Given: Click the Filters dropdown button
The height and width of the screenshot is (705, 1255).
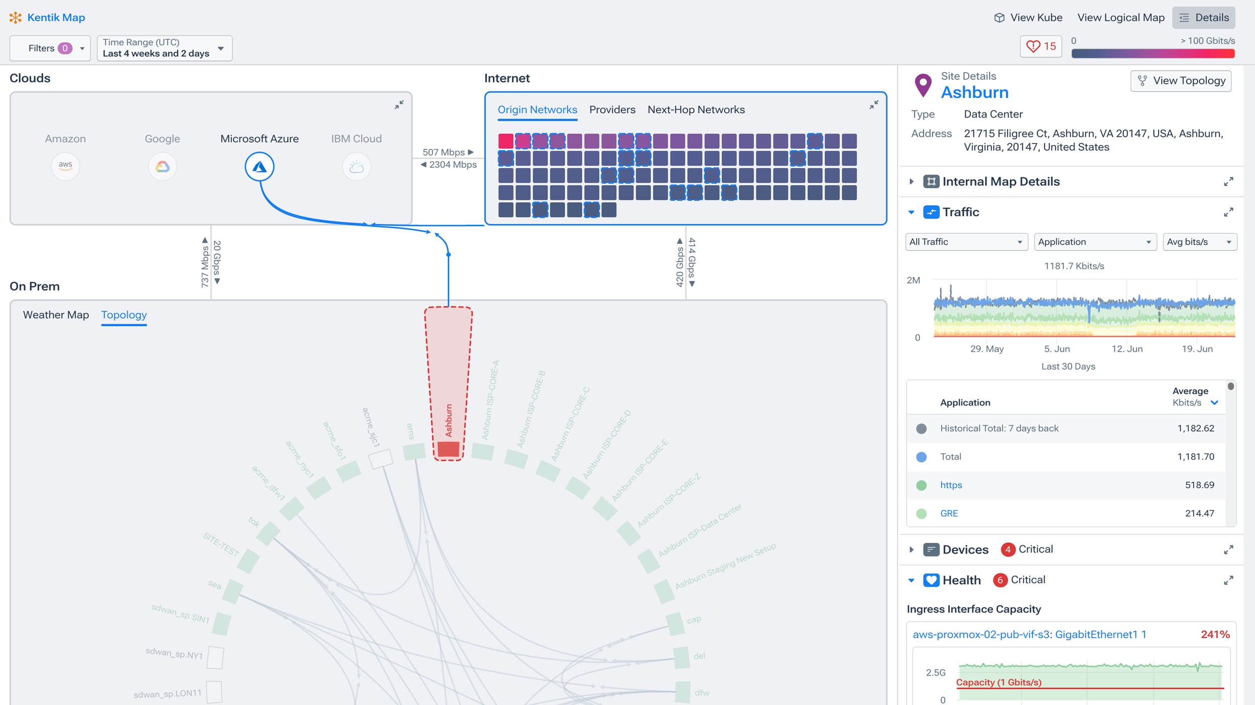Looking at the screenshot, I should click(x=50, y=48).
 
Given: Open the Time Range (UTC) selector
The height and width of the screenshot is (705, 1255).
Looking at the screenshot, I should click(x=164, y=48).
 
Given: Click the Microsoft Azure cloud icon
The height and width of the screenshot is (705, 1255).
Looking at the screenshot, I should click(x=259, y=167).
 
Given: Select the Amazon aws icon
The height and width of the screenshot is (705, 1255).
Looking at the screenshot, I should click(x=65, y=166).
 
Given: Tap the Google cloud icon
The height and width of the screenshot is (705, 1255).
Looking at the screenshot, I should click(x=162, y=167).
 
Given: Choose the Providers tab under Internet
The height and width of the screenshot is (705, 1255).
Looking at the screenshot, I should click(x=612, y=110).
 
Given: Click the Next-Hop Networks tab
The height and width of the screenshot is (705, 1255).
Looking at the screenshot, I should click(x=696, y=110).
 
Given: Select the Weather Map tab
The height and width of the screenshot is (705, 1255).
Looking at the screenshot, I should click(x=56, y=315).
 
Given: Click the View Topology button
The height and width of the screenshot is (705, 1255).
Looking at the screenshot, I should click(x=1181, y=81).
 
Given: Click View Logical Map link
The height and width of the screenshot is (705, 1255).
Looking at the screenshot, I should click(x=1120, y=18).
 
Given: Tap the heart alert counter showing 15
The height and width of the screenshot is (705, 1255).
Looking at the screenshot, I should click(x=1041, y=47).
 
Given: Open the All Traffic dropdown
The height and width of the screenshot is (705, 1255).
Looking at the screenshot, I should click(x=966, y=242).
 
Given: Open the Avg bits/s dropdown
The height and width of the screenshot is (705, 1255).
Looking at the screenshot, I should click(x=1199, y=242).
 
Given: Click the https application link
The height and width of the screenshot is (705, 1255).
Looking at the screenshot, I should click(x=951, y=485).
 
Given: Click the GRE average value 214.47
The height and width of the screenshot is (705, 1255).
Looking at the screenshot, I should click(x=1199, y=513).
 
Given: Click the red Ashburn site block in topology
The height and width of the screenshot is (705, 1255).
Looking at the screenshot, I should click(x=448, y=449).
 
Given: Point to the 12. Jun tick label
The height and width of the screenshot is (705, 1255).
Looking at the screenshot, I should click(x=1126, y=349).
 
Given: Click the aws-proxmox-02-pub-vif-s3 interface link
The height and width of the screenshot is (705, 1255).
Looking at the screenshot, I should click(x=980, y=635).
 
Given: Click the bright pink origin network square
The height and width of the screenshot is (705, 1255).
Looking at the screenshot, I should click(x=506, y=141).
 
